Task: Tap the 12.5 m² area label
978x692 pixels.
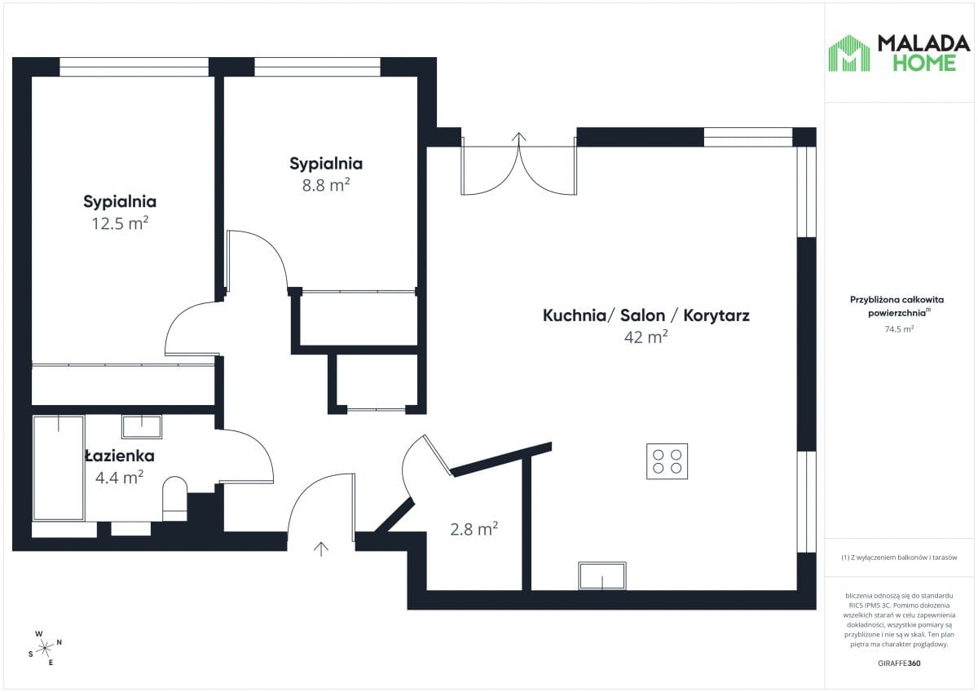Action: point(120,223)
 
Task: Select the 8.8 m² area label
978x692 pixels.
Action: point(326,185)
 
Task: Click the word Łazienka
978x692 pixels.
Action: point(120,456)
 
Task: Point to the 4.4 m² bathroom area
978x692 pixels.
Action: point(119,477)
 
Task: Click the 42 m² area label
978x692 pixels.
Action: point(645,337)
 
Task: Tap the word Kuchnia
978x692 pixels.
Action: point(573,315)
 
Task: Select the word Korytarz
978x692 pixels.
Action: point(716,315)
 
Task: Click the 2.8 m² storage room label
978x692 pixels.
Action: point(474,530)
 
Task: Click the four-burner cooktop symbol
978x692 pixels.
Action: point(667,461)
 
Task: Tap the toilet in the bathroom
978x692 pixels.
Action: point(174,498)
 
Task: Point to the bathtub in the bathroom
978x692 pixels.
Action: point(59,468)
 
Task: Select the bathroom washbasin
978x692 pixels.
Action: point(142,426)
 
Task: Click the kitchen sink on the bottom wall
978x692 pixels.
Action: point(602,576)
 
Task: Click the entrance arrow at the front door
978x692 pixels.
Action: point(321,549)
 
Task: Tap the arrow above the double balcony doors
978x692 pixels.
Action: point(519,138)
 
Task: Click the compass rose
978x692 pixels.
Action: point(45,648)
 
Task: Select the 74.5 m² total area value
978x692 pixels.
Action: point(899,329)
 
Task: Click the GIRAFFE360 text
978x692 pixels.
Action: point(899,663)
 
